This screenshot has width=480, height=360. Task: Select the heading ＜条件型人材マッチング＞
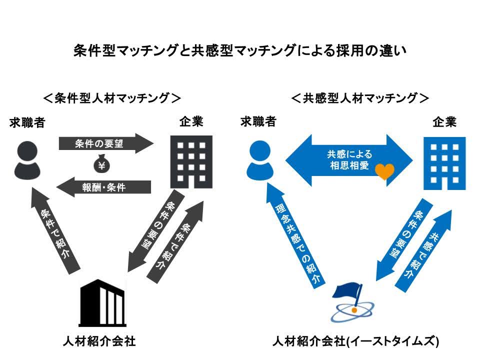[x=112, y=97]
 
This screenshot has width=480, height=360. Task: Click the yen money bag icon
[x=101, y=164]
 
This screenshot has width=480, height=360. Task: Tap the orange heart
[x=385, y=171]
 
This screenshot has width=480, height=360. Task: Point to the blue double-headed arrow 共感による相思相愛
[x=349, y=160]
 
